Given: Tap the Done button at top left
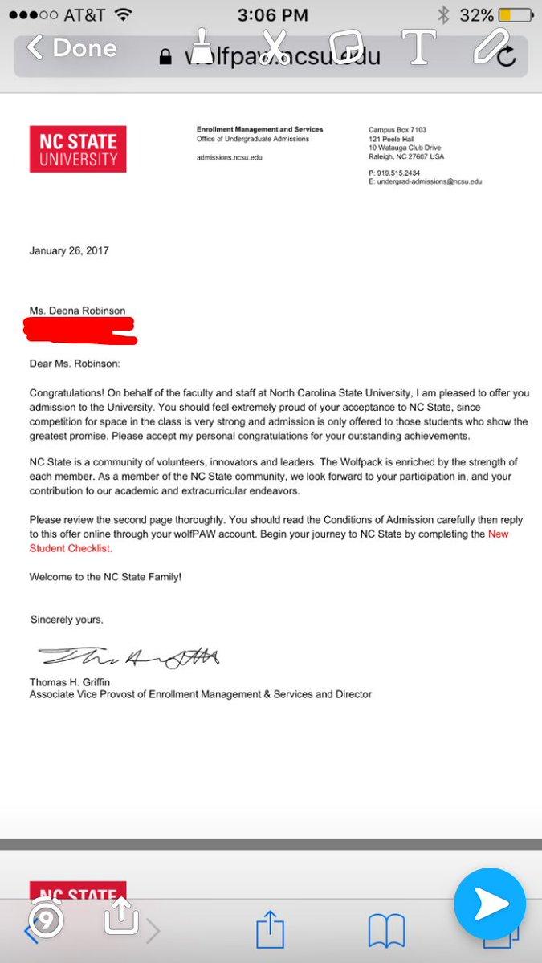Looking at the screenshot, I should point(72,48).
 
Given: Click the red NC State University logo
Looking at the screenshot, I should point(78,149).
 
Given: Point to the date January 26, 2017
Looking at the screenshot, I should point(69,250).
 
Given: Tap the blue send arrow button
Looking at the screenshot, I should point(489,904).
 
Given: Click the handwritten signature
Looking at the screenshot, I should point(128,657).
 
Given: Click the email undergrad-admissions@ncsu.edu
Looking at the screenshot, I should point(429,182).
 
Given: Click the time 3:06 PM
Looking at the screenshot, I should point(271,15).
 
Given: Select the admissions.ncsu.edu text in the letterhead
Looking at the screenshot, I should point(230,157).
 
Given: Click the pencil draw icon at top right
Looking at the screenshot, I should point(491,46).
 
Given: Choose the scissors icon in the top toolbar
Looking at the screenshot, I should point(274,47).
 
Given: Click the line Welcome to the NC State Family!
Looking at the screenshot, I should point(105,576).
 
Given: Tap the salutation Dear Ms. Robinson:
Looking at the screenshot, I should point(75,363).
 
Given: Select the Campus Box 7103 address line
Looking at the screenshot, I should point(397,130).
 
